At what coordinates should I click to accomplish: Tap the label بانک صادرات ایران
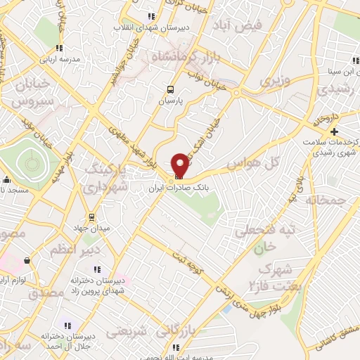click(180, 189)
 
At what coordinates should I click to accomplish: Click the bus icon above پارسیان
click(169, 89)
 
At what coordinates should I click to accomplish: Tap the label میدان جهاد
click(90, 228)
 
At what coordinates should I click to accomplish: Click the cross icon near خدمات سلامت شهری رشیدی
click(334, 131)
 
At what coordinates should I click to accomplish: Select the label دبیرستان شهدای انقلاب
click(150, 27)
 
